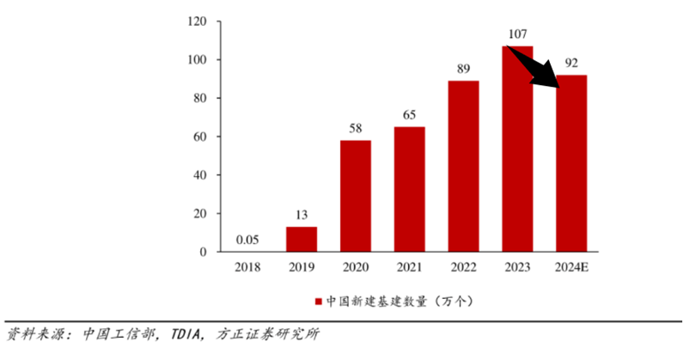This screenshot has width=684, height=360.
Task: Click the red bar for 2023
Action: (x=518, y=155)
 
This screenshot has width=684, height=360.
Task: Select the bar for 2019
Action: (x=301, y=239)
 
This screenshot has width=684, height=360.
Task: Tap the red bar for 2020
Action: (x=355, y=196)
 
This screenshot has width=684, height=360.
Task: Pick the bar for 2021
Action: (x=410, y=189)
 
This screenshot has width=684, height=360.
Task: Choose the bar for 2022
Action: (x=464, y=166)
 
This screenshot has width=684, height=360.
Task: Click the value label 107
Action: (x=516, y=35)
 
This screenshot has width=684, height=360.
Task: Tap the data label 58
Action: (x=355, y=129)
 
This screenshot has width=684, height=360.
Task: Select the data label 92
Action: (x=571, y=64)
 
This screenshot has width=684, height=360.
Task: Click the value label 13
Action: (x=301, y=215)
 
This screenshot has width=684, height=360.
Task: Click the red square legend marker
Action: (x=319, y=302)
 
